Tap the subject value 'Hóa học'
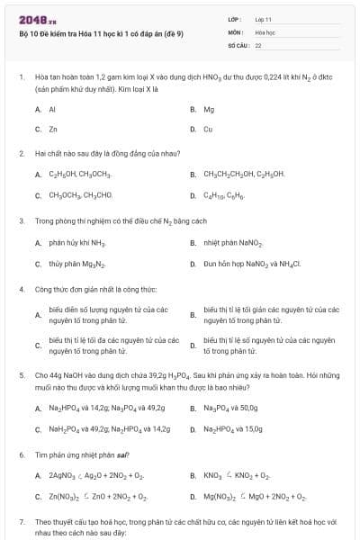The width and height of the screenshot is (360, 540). [x=265, y=31]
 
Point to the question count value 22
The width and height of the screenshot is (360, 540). [x=258, y=44]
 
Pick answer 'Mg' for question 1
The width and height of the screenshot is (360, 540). [x=209, y=109]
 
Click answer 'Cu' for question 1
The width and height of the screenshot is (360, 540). [x=208, y=129]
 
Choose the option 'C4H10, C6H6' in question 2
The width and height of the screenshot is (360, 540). [x=225, y=195]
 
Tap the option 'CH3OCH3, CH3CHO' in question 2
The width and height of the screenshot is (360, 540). [x=80, y=195]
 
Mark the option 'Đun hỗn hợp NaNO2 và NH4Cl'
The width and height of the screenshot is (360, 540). [x=252, y=264]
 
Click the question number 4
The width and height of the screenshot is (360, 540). [x=21, y=290]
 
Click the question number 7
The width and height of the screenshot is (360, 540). [x=21, y=522]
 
